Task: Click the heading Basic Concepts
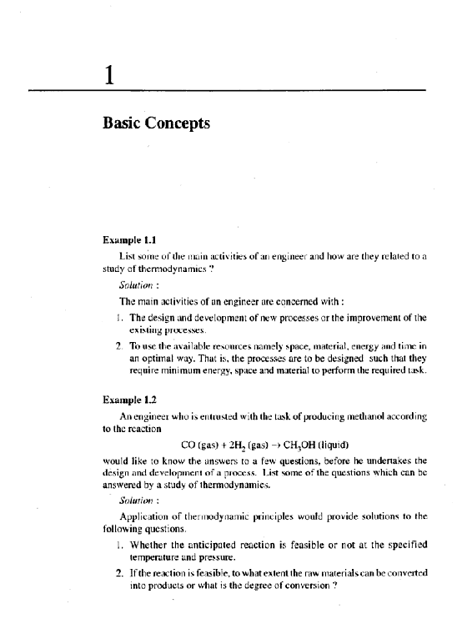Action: point(156,123)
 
